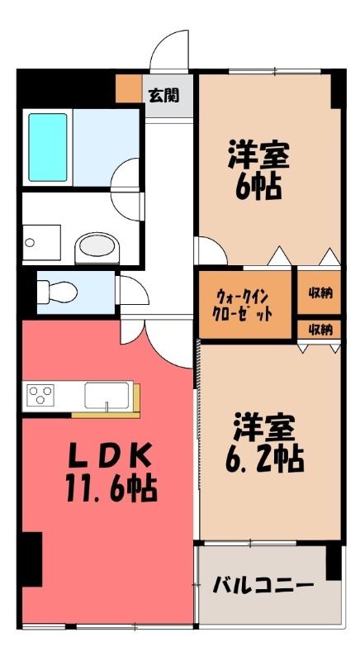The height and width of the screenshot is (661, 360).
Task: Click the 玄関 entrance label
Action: tap(163, 95)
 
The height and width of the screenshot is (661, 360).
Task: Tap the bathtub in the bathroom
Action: tap(48, 147)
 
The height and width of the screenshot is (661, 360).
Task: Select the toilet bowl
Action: tap(57, 292)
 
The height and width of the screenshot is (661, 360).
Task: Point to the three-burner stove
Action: tap(40, 395)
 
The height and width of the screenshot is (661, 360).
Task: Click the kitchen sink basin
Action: tap(107, 396)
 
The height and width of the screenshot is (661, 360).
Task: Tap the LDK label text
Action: tap(110, 456)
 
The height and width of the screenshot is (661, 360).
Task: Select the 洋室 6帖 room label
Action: tap(258, 170)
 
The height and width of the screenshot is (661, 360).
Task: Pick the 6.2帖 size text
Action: tap(265, 459)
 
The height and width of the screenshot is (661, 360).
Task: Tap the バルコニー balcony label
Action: tap(263, 586)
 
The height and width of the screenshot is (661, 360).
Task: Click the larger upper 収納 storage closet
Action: tap(320, 292)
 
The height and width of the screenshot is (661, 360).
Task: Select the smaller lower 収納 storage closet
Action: tap(320, 329)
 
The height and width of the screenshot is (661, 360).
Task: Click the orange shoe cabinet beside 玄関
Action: tap(129, 88)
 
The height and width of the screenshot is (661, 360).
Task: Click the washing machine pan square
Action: tap(41, 243)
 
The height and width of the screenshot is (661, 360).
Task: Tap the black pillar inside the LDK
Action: tap(32, 559)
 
